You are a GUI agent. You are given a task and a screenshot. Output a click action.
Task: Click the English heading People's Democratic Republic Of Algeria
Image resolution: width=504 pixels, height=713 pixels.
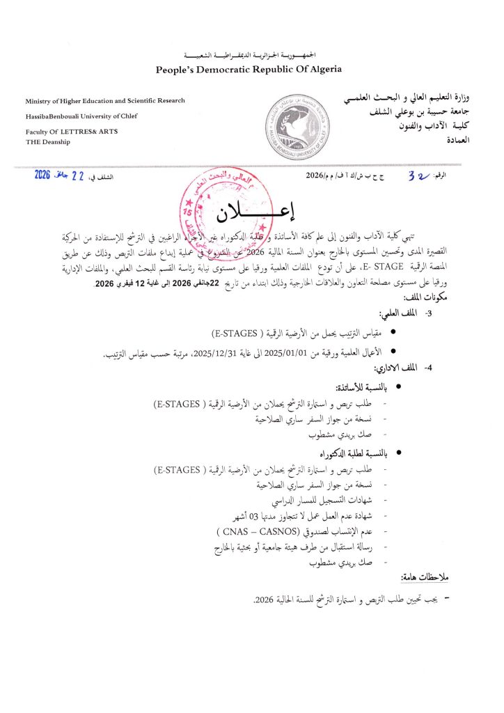click(x=252, y=70)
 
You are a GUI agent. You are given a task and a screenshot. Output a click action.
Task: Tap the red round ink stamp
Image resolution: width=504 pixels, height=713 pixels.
click(x=220, y=208)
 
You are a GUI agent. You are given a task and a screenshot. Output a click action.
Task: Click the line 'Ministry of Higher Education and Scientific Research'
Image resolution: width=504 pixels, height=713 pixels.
click(x=105, y=101)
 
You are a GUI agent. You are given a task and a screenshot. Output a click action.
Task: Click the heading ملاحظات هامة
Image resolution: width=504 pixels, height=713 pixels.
click(x=432, y=578)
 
